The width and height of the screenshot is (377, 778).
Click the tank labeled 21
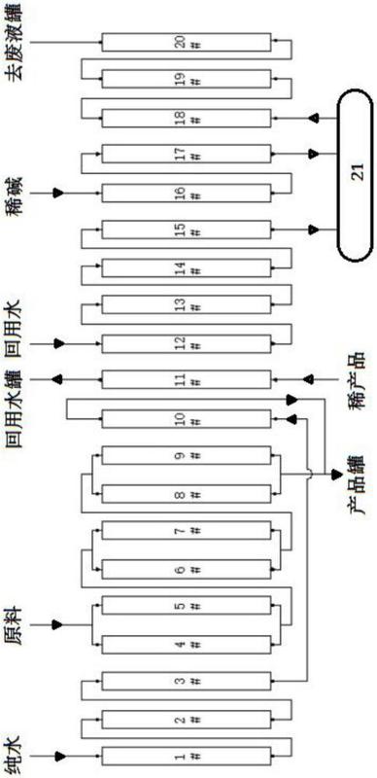click(x=356, y=175)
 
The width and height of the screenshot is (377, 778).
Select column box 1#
click(x=187, y=757)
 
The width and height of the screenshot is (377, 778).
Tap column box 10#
click(x=187, y=419)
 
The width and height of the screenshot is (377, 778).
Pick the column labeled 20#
click(x=187, y=43)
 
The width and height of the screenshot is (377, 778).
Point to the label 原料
click(x=13, y=623)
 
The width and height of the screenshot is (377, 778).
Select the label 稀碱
click(x=13, y=193)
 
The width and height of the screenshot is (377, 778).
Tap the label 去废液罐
click(x=13, y=43)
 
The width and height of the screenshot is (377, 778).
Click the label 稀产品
click(x=357, y=379)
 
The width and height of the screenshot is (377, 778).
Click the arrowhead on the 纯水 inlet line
click(x=59, y=757)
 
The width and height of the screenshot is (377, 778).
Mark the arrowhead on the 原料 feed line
click(x=59, y=623)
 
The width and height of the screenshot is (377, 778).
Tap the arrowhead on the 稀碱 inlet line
click(x=59, y=193)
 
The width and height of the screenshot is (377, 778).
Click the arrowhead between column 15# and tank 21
click(x=313, y=230)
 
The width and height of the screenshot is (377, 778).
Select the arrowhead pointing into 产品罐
click(x=336, y=475)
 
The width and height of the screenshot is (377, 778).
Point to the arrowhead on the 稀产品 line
click(x=309, y=379)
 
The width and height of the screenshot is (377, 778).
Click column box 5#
click(x=187, y=606)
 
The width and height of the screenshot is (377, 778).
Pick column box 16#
click(x=187, y=193)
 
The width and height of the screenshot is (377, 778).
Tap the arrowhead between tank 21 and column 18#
click(x=313, y=118)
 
